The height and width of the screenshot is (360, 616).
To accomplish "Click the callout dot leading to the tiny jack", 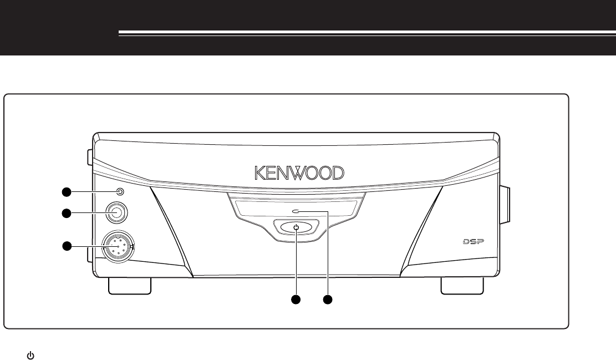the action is [67, 192].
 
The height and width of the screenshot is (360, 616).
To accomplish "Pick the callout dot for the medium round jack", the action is [67, 212].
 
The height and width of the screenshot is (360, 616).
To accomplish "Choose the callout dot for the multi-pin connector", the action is [67, 246].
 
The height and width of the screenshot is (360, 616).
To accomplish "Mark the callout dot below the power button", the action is [297, 300].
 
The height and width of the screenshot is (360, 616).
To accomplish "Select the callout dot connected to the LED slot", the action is [329, 300].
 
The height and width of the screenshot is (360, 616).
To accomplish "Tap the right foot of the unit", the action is [462, 286].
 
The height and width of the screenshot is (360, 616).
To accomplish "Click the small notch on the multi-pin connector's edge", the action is [131, 246].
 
